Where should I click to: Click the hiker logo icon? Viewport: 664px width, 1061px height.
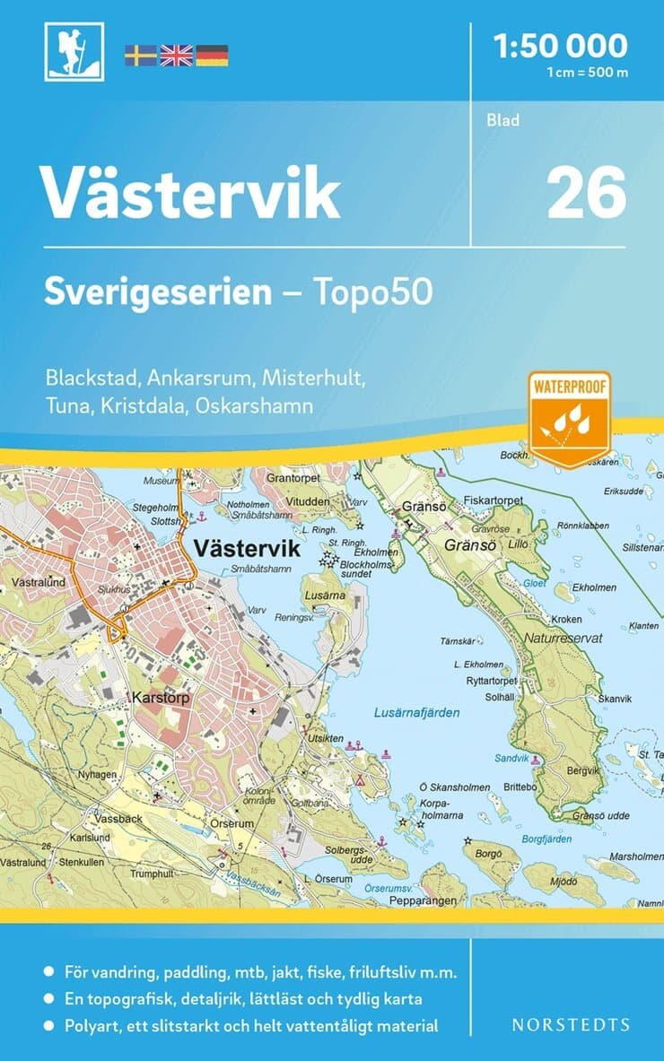click(74, 52)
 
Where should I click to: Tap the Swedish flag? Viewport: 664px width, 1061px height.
click(140, 56)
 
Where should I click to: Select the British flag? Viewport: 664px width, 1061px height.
click(176, 56)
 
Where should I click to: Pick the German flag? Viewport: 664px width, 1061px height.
click(212, 56)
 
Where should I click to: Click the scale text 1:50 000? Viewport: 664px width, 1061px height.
click(562, 45)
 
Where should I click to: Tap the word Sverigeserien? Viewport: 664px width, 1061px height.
click(158, 292)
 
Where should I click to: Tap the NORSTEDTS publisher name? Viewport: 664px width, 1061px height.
click(572, 1024)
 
